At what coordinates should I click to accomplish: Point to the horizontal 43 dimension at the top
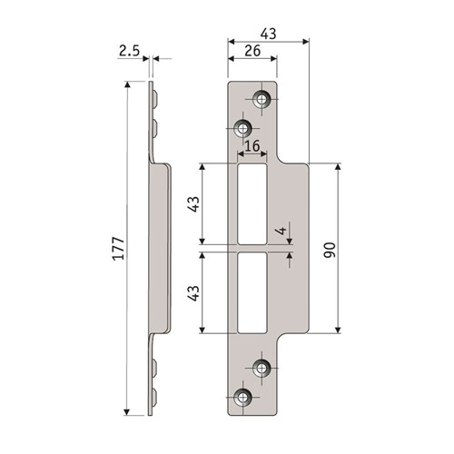coord(270,34)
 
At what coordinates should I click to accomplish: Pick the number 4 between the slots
coord(283,231)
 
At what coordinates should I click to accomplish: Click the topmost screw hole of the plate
coord(262,99)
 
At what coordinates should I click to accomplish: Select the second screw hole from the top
coord(242,126)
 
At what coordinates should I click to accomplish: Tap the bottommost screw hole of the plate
coord(242,396)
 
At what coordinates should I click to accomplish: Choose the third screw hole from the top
coord(262,368)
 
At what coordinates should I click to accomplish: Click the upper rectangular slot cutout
coord(252,202)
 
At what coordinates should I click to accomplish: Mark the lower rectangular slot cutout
coord(252,291)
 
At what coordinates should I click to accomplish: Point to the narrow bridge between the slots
coord(252,247)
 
